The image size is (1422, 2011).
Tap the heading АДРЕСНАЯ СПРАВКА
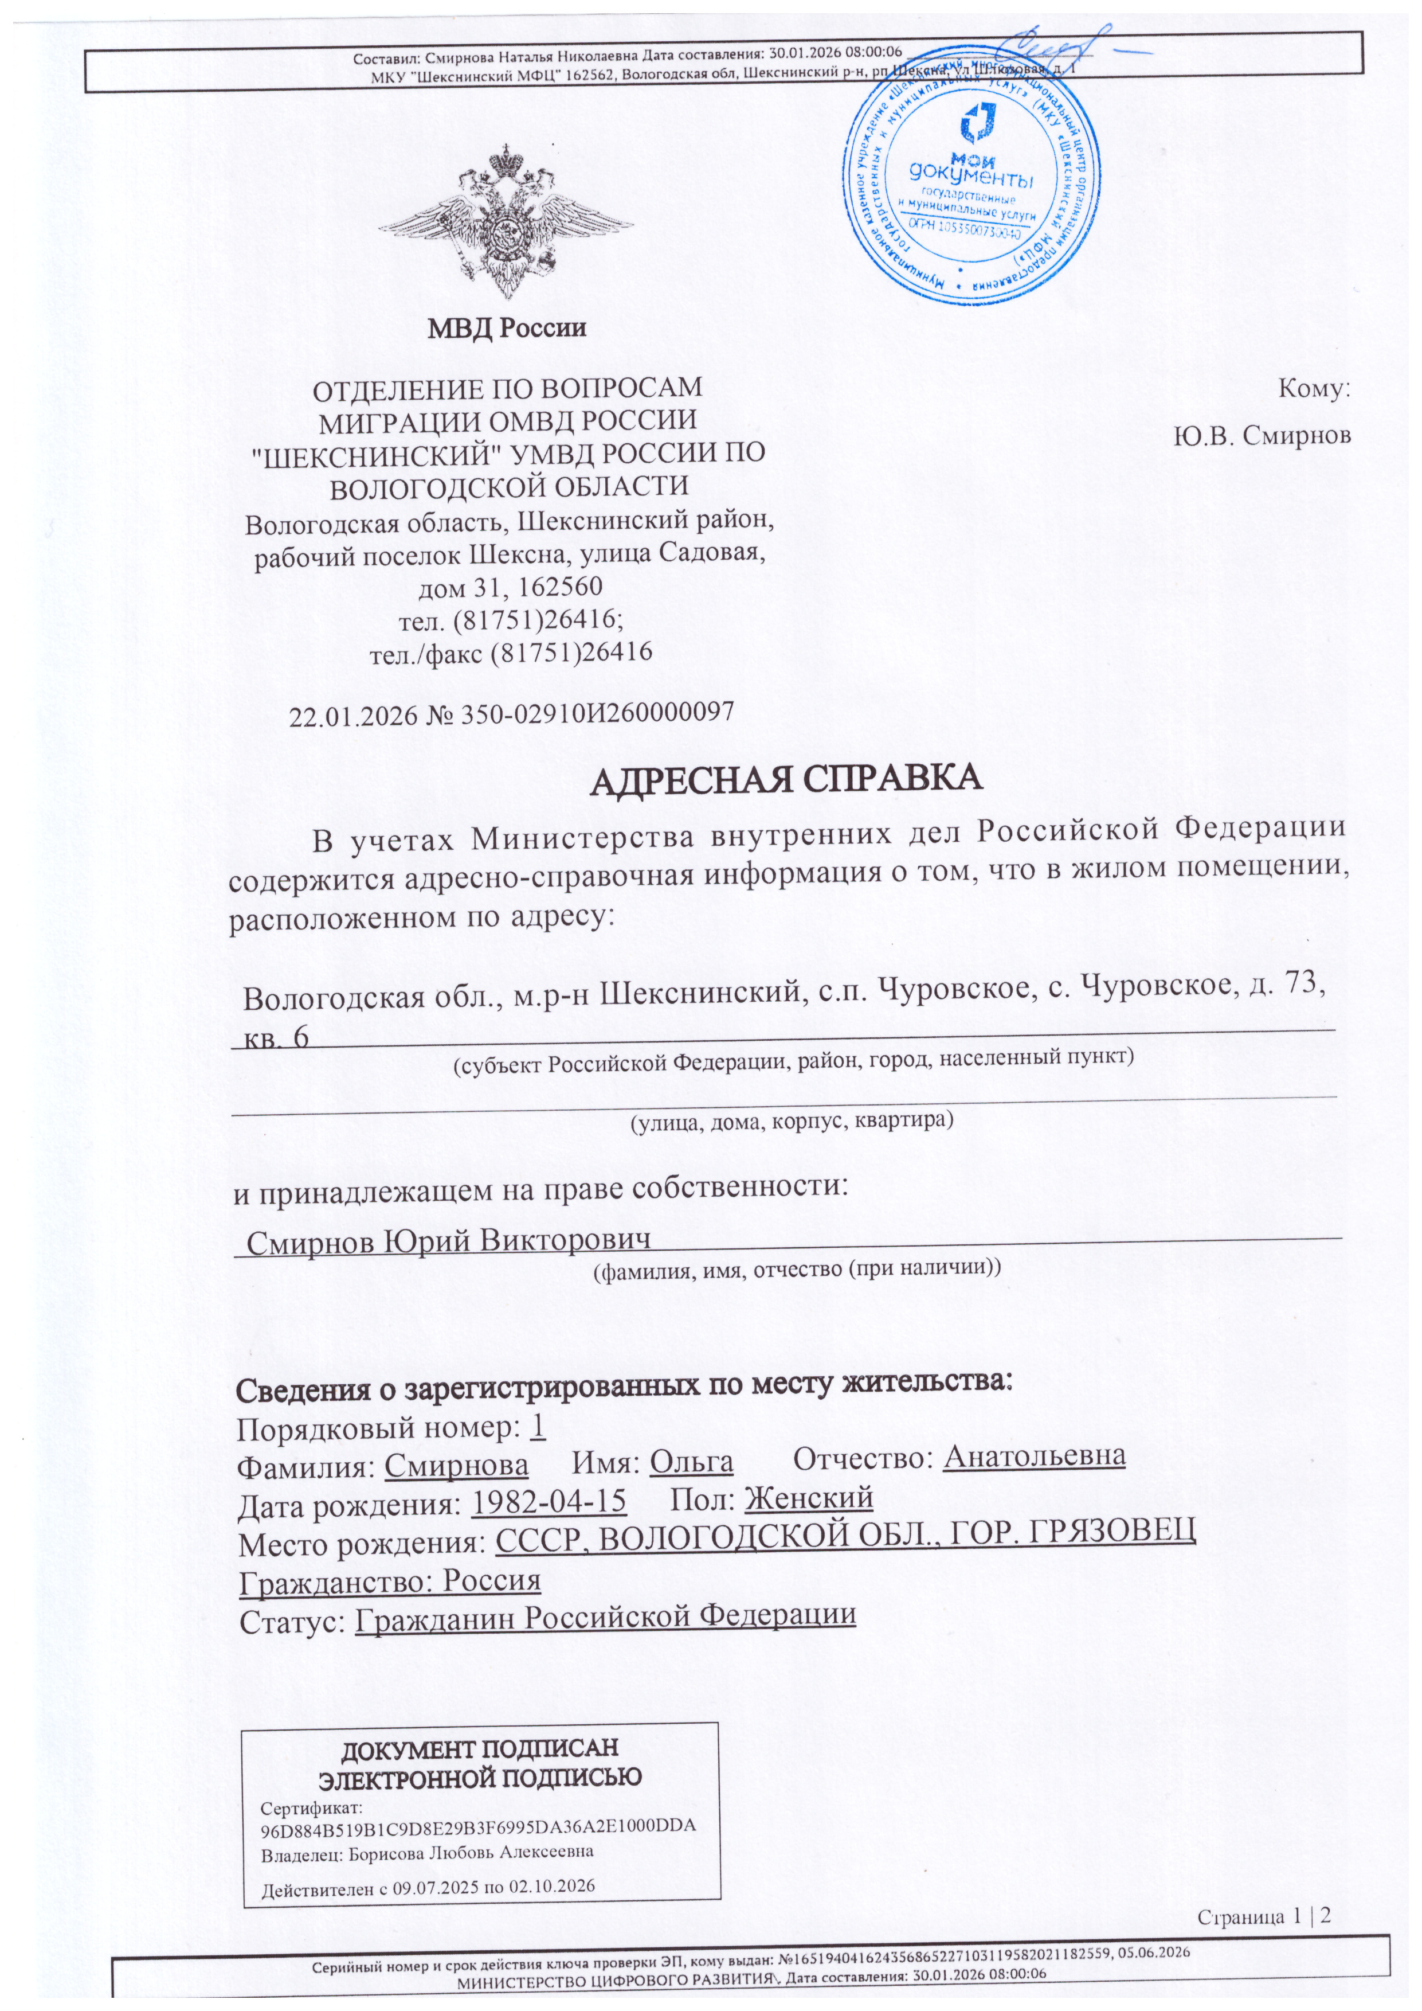click(785, 779)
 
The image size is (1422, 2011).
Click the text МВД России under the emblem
click(506, 329)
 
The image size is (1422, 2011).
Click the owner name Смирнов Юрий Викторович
click(448, 1241)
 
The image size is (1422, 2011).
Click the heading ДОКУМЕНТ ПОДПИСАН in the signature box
click(479, 1747)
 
